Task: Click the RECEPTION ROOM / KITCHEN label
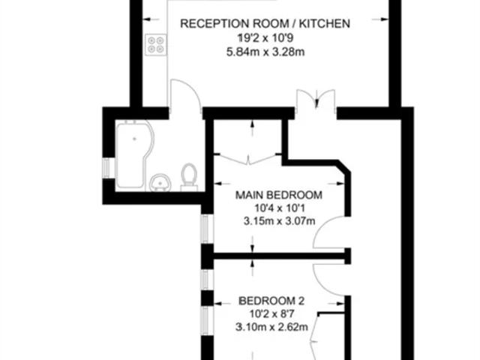(265, 23)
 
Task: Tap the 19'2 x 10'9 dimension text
(265, 38)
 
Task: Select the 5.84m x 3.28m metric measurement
(265, 52)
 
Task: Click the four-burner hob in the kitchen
(156, 45)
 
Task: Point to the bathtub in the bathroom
(134, 154)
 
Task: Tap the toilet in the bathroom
(189, 177)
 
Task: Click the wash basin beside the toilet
(160, 182)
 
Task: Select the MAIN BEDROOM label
(279, 195)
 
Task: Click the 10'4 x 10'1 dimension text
(280, 208)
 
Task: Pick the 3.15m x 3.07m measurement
(280, 220)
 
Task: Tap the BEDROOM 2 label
(271, 301)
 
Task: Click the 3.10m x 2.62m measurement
(271, 327)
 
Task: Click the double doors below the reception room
(316, 98)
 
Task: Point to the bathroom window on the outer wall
(106, 168)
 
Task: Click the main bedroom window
(205, 229)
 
